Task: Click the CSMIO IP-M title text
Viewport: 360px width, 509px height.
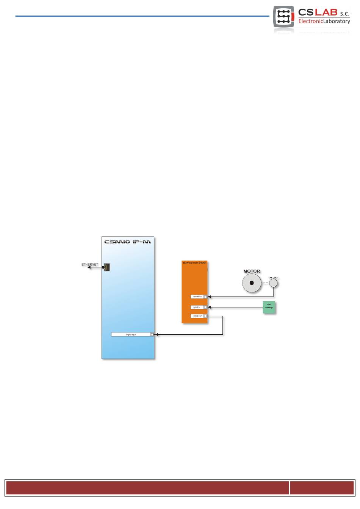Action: click(127, 242)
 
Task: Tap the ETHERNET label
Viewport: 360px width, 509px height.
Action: click(90, 264)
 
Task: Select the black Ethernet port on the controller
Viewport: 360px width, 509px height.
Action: click(107, 267)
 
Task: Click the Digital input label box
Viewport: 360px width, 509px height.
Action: click(131, 335)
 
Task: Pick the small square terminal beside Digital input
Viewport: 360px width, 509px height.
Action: click(152, 335)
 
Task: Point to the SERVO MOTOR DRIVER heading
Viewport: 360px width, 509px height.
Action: click(194, 263)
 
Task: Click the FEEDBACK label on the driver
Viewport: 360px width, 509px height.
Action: click(197, 297)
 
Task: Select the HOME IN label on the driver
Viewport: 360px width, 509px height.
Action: click(197, 307)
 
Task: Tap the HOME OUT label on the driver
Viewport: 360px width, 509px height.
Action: click(197, 316)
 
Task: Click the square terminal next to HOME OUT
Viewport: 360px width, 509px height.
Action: click(205, 316)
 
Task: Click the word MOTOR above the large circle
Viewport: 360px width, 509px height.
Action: click(252, 271)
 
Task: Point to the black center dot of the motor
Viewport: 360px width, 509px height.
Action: click(252, 283)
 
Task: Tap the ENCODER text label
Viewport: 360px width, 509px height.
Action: click(273, 278)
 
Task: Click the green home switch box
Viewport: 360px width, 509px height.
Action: click(269, 308)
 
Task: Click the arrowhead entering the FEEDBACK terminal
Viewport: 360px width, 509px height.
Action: click(210, 297)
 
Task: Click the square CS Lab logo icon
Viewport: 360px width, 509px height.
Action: click(283, 17)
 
